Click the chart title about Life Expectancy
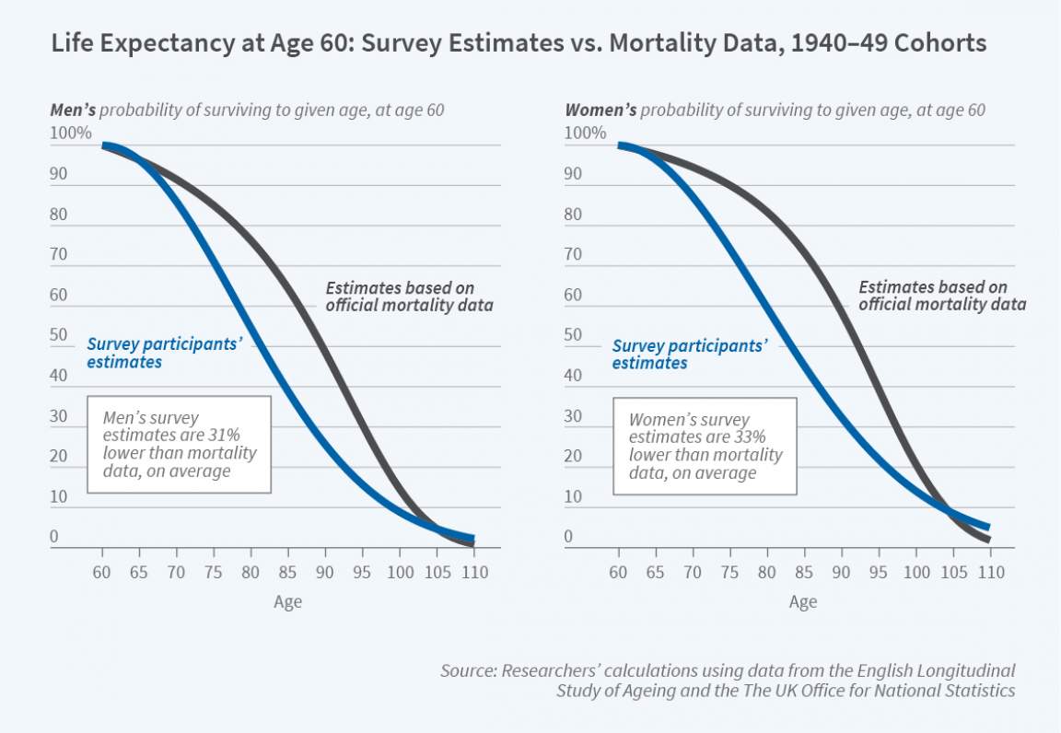[x=518, y=43]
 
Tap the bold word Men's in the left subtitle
[x=72, y=111]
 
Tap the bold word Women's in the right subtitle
[x=600, y=111]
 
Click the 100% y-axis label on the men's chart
[x=71, y=134]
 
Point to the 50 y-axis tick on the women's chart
[x=573, y=335]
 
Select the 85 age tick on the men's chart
[x=287, y=573]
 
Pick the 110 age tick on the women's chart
[x=990, y=573]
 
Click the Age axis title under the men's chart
[x=287, y=602]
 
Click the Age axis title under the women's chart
[x=802, y=602]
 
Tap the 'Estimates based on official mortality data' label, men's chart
[x=409, y=297]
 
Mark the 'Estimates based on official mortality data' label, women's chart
[x=942, y=297]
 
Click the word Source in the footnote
[x=467, y=671]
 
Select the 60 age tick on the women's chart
[x=617, y=573]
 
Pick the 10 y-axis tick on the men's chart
[x=58, y=497]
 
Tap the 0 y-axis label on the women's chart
[x=569, y=537]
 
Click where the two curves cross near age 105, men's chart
[x=436, y=529]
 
